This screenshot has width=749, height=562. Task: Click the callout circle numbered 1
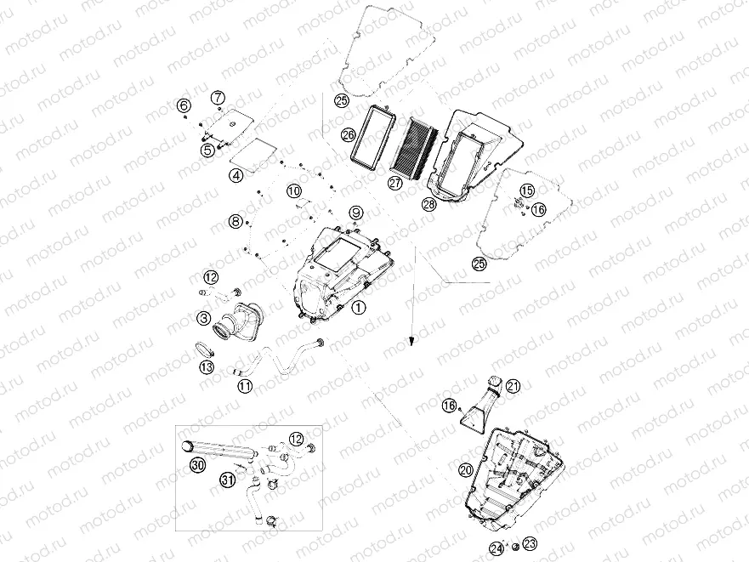(x=358, y=308)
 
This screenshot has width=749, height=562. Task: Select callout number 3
(x=204, y=317)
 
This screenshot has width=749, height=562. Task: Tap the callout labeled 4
(x=236, y=175)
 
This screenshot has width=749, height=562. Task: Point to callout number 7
(x=218, y=98)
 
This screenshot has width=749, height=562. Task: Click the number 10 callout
(x=294, y=191)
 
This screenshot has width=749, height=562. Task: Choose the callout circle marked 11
(x=246, y=386)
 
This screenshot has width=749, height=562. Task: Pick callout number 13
(x=207, y=367)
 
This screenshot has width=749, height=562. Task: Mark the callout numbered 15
(x=526, y=190)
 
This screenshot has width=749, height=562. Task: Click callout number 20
(x=466, y=470)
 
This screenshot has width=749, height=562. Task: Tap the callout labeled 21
(x=513, y=386)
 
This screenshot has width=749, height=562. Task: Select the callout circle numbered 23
(x=531, y=543)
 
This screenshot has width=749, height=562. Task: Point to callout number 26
(x=349, y=135)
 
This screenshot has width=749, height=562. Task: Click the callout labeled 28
(x=429, y=205)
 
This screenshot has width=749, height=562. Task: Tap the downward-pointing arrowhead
(x=411, y=341)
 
